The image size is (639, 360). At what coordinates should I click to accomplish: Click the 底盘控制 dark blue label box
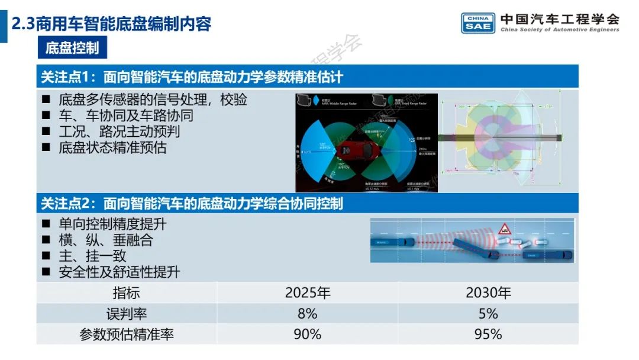click(x=72, y=48)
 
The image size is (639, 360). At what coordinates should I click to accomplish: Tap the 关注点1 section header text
click(x=192, y=77)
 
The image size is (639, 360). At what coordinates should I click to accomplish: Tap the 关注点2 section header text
click(x=192, y=204)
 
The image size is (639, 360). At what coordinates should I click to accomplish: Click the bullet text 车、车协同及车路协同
click(x=126, y=115)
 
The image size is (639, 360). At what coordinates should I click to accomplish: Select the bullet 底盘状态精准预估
click(x=112, y=147)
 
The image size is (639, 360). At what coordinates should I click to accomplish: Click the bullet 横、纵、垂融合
click(x=105, y=240)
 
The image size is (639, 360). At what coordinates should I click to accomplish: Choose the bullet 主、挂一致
click(x=92, y=256)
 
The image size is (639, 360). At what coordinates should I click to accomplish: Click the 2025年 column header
click(x=308, y=292)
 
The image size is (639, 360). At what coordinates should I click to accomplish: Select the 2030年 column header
click(x=488, y=292)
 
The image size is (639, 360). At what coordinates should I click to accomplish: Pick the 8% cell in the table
click(x=308, y=313)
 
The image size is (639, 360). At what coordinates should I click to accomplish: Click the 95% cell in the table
click(x=488, y=334)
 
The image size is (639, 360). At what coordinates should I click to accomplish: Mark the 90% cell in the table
click(x=308, y=334)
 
